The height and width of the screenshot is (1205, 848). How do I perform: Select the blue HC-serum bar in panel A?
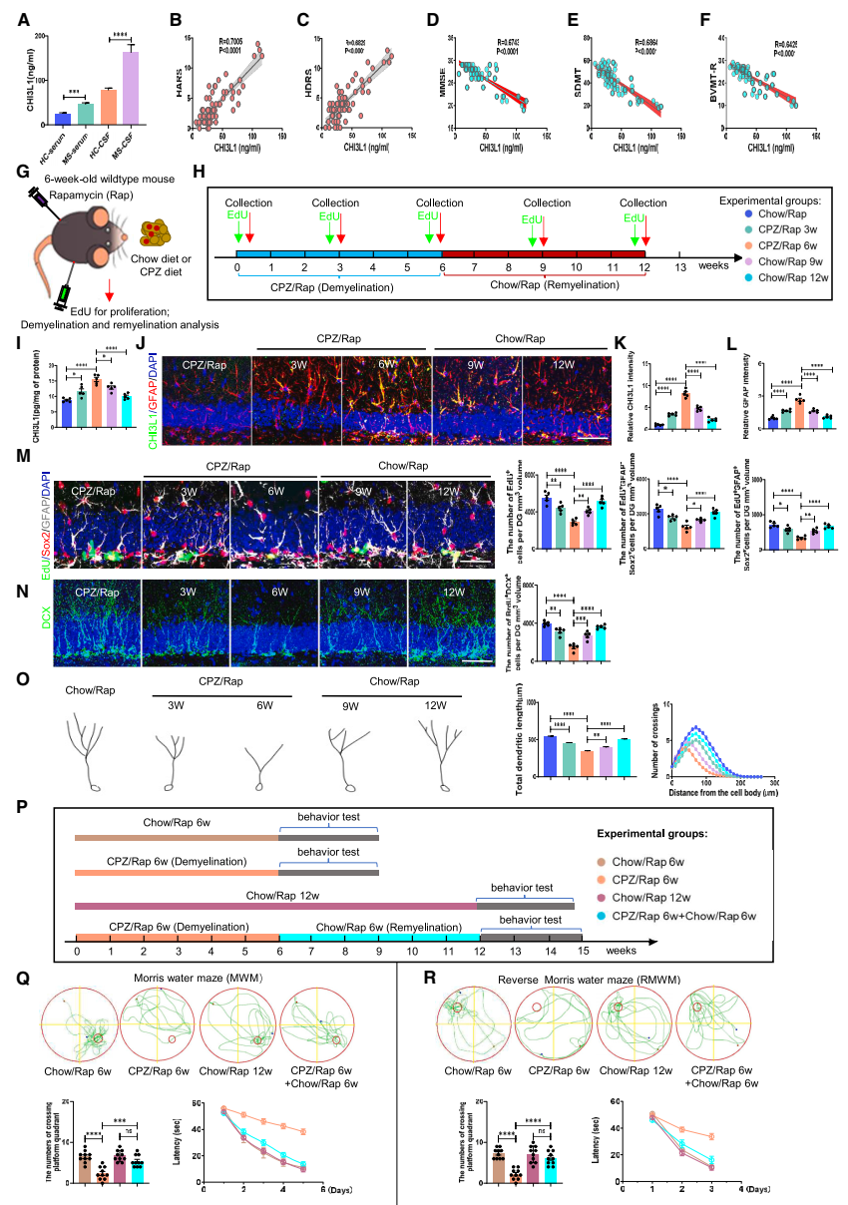click(62, 118)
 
